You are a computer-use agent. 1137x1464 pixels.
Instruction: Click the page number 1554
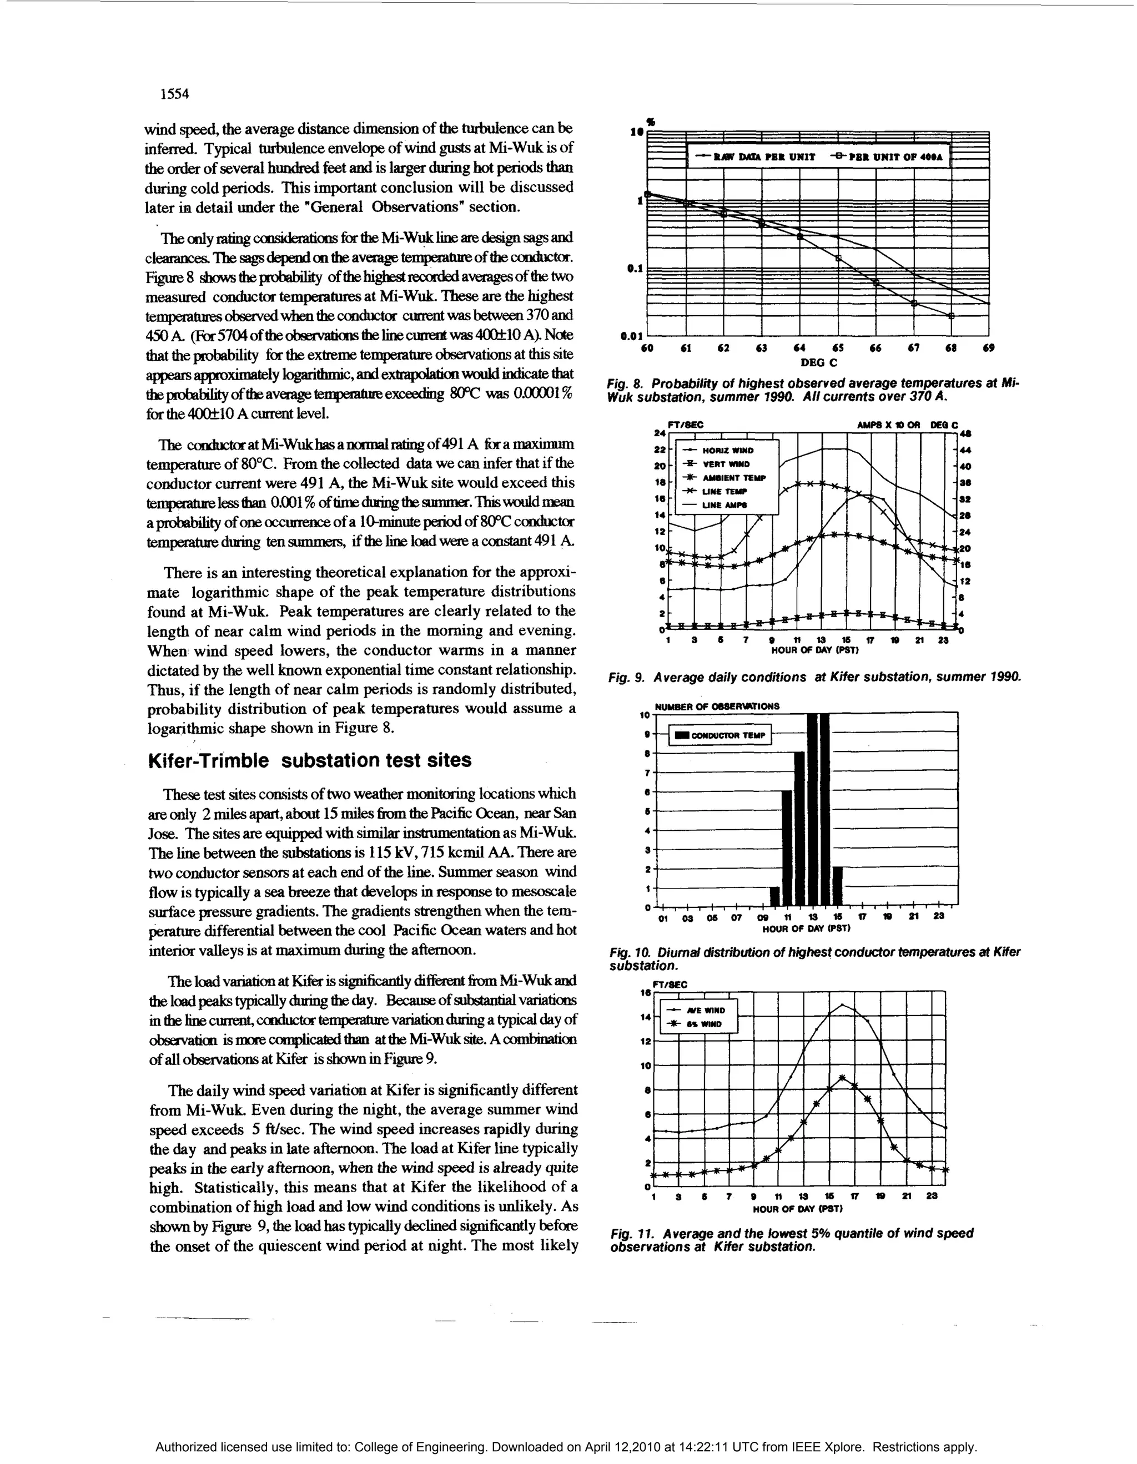click(x=175, y=94)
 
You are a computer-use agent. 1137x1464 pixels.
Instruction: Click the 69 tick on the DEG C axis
click(x=989, y=348)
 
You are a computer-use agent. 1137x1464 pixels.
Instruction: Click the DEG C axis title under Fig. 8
click(x=818, y=362)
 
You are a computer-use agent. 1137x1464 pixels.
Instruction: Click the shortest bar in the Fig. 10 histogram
click(x=775, y=896)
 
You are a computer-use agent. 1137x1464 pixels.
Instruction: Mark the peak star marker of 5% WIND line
click(x=843, y=1078)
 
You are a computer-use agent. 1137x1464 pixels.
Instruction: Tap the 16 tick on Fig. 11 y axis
click(x=646, y=993)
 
